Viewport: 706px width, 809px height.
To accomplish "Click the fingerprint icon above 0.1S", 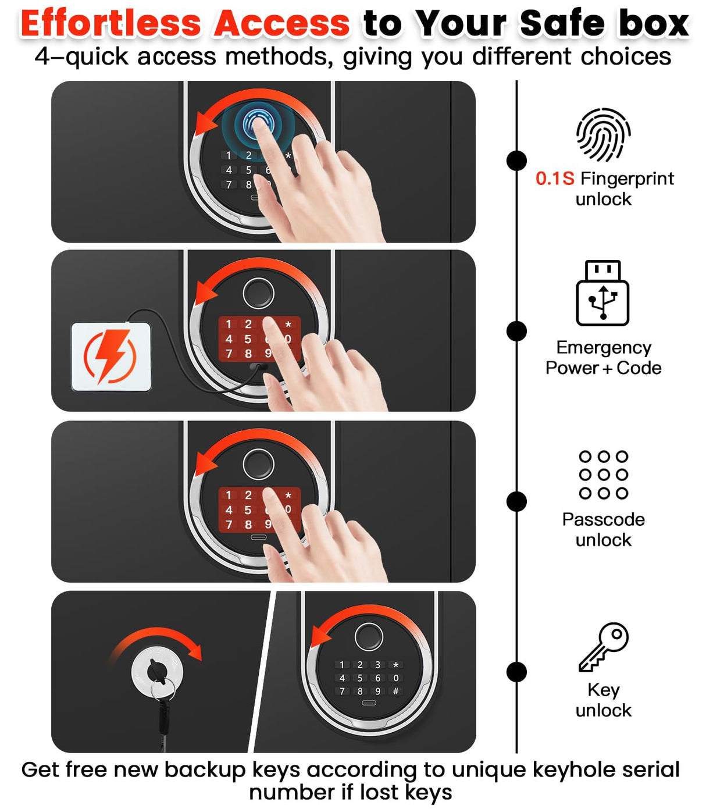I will pyautogui.click(x=603, y=134).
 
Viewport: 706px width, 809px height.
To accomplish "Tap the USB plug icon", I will pyautogui.click(x=602, y=293).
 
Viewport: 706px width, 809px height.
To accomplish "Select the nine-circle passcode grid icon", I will pyautogui.click(x=604, y=475).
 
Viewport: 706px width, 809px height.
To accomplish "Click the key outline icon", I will pyautogui.click(x=603, y=647).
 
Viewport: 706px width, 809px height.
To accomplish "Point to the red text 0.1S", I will pyautogui.click(x=554, y=179).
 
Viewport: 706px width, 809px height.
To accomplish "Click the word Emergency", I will pyautogui.click(x=604, y=347).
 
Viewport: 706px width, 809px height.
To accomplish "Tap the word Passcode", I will pyautogui.click(x=603, y=519).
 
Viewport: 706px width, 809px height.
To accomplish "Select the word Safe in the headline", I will pyautogui.click(x=562, y=23).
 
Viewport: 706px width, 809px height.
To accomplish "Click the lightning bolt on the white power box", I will pyautogui.click(x=110, y=355).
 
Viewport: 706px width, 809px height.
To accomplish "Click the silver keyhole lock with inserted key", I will pyautogui.click(x=157, y=672).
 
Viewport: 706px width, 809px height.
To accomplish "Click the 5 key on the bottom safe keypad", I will pyautogui.click(x=360, y=678).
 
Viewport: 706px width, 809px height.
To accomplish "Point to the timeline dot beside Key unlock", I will pyautogui.click(x=516, y=672).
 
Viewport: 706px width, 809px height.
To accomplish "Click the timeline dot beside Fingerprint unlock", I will pyautogui.click(x=516, y=161).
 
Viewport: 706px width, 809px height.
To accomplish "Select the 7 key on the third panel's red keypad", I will pyautogui.click(x=229, y=525).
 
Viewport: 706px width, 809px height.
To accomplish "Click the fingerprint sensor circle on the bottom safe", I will pyautogui.click(x=369, y=636).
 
